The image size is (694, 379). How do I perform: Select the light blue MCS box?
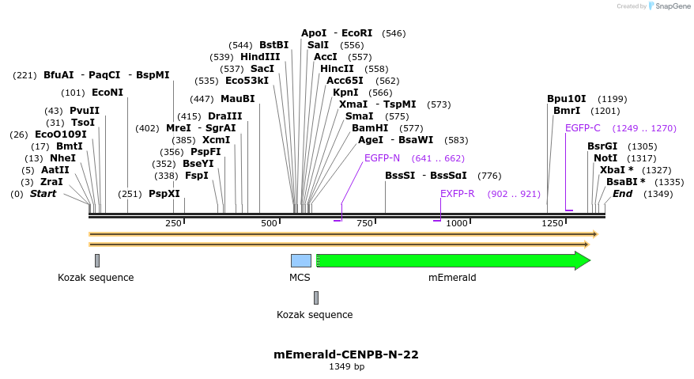tap(300, 260)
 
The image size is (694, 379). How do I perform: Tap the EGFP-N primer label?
tap(382, 157)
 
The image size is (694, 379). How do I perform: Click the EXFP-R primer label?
tap(457, 193)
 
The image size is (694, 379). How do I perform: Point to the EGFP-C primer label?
tap(583, 127)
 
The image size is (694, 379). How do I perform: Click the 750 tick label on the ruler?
tap(364, 223)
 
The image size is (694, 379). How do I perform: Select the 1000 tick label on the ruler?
tap(457, 223)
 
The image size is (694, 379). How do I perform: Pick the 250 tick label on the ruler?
tap(173, 223)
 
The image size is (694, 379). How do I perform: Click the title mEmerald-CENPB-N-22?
tap(346, 354)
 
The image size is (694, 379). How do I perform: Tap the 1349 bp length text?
tap(346, 366)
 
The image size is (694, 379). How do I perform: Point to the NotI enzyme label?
tap(605, 157)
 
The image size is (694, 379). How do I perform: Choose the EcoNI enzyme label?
tap(107, 92)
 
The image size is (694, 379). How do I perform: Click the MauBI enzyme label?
tap(238, 98)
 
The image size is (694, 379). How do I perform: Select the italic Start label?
tap(43, 193)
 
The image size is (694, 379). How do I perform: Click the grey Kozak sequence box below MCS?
tap(316, 298)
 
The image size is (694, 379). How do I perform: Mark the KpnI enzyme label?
tap(345, 92)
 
